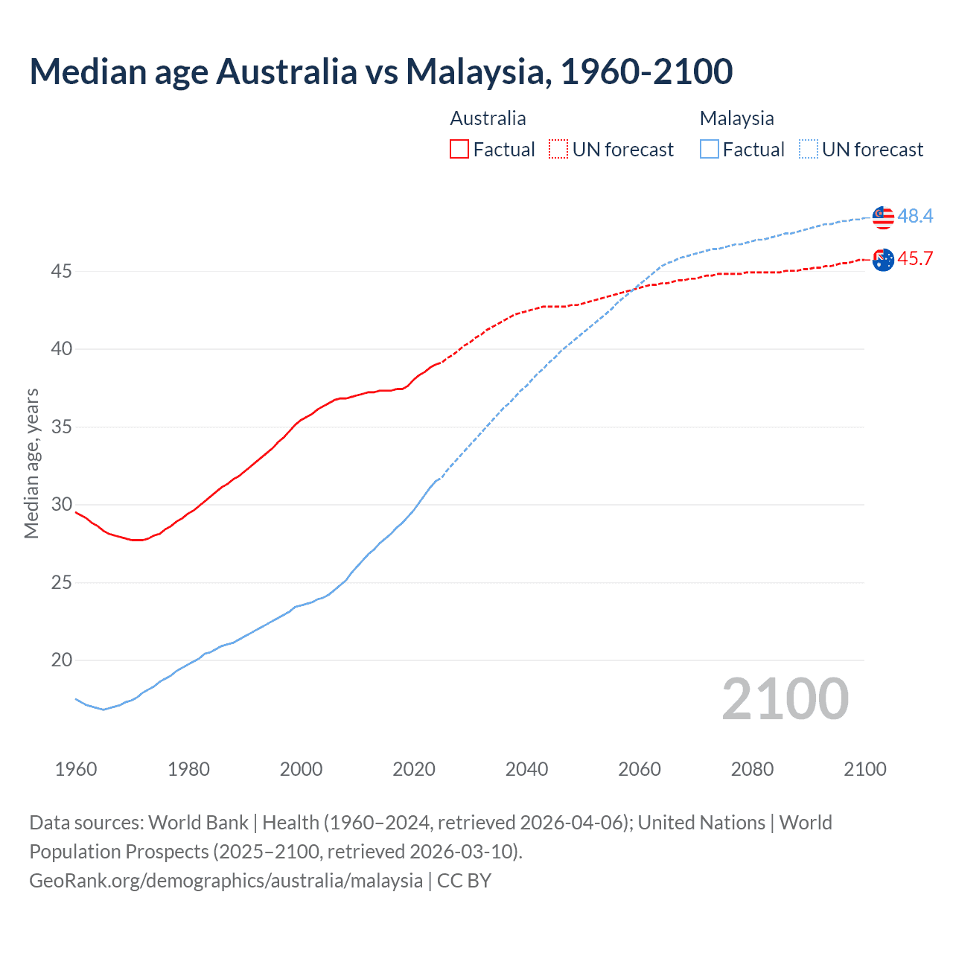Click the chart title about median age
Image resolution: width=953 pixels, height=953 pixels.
tap(381, 71)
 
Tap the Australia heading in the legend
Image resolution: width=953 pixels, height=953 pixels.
tap(488, 118)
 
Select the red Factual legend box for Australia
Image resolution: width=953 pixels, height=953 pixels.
tap(459, 149)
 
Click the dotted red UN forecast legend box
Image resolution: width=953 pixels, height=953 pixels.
tap(558, 149)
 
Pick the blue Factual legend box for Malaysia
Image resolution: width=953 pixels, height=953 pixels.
tap(710, 149)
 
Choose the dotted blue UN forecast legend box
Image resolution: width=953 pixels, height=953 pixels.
tap(809, 149)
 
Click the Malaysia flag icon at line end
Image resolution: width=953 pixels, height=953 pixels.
tap(883, 217)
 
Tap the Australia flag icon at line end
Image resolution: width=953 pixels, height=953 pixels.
tap(883, 260)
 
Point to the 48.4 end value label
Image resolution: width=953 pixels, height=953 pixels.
tap(915, 216)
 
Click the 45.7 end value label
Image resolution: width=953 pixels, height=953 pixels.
tap(915, 258)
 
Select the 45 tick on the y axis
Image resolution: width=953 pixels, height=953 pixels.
tap(61, 271)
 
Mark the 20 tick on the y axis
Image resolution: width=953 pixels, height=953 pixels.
tap(61, 660)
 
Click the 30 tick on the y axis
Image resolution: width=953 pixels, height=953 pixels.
tap(61, 504)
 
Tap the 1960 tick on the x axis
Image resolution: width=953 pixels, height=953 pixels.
tap(76, 769)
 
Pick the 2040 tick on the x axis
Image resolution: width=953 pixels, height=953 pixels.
tap(526, 769)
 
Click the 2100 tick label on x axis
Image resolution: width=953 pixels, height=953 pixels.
tap(864, 769)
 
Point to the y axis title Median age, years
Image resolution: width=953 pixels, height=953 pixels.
tap(31, 463)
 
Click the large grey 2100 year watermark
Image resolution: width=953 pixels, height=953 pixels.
tap(785, 698)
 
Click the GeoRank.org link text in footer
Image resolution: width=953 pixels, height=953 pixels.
tap(226, 880)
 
